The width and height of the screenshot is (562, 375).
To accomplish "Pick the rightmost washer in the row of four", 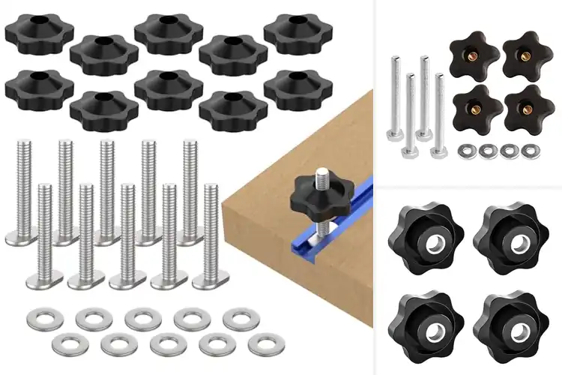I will tap(530, 151).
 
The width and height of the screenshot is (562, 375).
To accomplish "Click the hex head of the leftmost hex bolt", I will tap(396, 135).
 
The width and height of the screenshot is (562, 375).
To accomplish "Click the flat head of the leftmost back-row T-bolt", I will tap(23, 236).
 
